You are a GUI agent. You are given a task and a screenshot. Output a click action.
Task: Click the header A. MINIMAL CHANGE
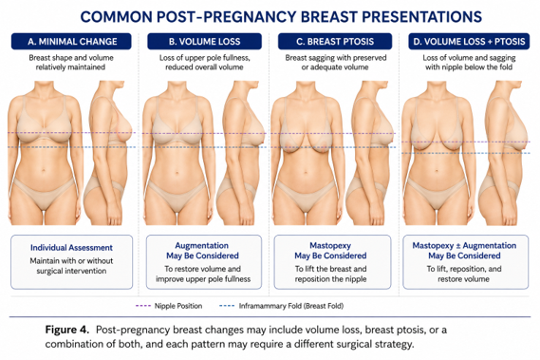point(71,42)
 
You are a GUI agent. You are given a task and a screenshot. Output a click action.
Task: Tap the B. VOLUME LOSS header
point(204,42)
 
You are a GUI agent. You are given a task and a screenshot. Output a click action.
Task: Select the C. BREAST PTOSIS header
point(335,42)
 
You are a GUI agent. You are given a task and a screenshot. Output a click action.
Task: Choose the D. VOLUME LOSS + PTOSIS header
point(469,42)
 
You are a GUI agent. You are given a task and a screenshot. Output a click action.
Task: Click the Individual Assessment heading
point(71,248)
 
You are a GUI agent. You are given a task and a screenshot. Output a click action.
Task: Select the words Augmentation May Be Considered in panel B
point(202,251)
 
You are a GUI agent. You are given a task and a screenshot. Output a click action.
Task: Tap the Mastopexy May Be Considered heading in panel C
point(330,251)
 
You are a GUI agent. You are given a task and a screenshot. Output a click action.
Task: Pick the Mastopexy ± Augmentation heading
point(464,245)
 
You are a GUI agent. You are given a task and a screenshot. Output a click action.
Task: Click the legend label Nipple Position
point(178,306)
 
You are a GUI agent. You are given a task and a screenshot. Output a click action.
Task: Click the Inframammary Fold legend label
point(291,306)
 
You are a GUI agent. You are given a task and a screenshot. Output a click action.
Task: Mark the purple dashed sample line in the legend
point(143,306)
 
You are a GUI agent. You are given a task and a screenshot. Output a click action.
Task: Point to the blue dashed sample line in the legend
point(227,306)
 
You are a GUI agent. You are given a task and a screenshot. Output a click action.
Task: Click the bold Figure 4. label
point(67,330)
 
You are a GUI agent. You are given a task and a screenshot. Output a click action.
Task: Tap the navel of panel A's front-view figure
point(44,170)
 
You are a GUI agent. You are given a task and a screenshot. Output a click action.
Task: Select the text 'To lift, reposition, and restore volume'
point(464,274)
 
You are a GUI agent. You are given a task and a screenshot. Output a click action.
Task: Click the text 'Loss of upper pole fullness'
point(204,58)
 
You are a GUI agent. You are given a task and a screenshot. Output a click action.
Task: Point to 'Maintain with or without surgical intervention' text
point(71,266)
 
